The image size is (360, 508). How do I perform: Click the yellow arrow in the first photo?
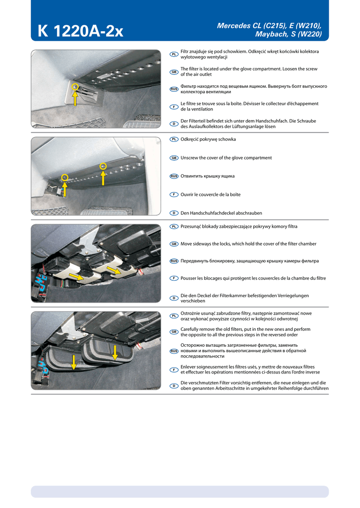point(75,99)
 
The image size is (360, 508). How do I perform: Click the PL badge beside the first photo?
point(174,54)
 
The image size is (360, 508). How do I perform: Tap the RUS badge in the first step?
point(174,89)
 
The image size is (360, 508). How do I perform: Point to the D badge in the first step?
point(174,124)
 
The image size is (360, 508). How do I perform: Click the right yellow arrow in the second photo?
point(103,177)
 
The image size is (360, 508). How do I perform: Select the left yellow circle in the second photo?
point(65,177)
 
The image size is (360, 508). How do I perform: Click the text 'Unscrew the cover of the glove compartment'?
point(226,158)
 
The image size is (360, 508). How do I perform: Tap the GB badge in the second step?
point(174,158)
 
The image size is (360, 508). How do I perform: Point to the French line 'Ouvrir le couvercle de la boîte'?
point(211,194)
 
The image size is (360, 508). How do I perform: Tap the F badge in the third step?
point(174,278)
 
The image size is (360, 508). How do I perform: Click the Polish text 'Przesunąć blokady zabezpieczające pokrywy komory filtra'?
point(239,226)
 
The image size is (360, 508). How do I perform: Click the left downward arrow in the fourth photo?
point(73,362)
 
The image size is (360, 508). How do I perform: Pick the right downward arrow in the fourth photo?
point(115,353)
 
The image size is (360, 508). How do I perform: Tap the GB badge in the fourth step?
point(174,331)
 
